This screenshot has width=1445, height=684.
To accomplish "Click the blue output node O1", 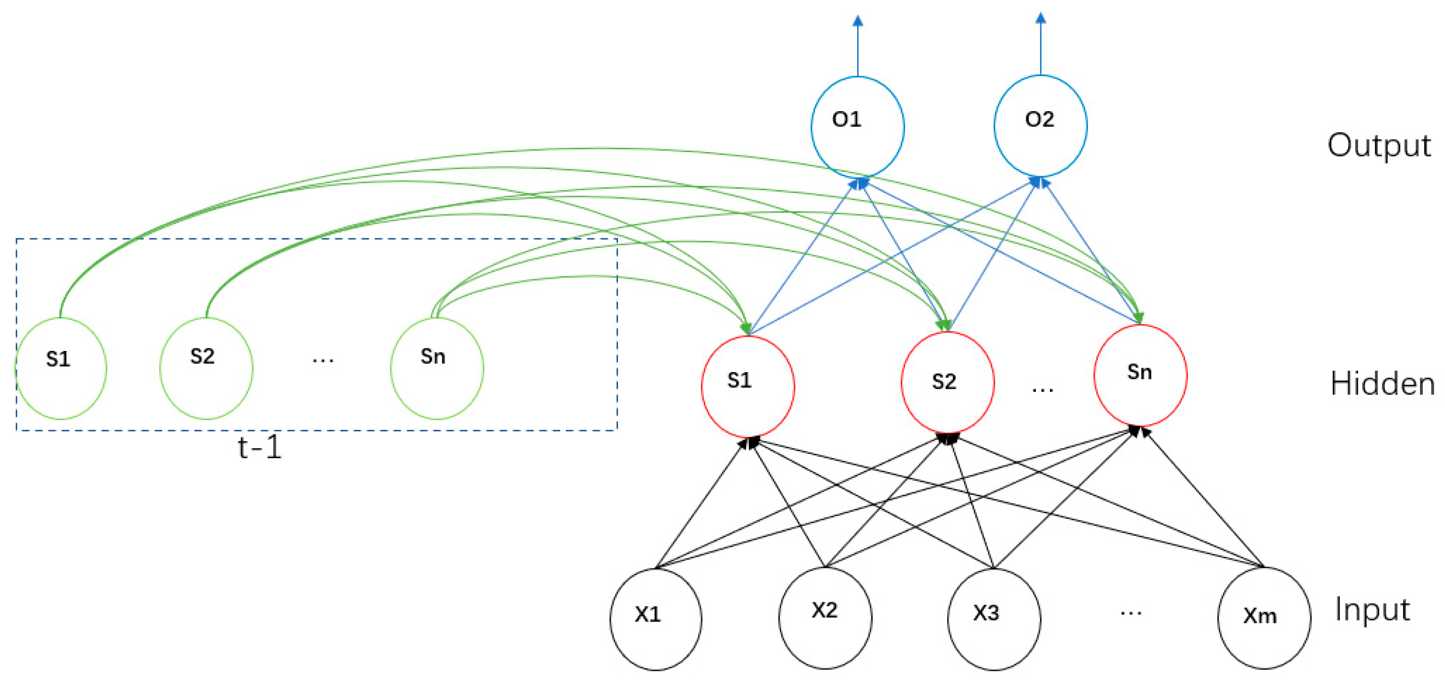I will [857, 126].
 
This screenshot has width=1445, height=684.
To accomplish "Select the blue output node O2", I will [1040, 126].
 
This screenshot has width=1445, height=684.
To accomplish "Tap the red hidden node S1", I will [748, 387].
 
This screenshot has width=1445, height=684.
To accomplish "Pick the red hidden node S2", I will [947, 383].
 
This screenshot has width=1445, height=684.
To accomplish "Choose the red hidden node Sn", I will [1140, 375].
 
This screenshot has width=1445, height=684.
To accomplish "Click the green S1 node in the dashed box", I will [61, 368].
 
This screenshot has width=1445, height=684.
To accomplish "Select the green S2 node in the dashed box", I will [206, 368].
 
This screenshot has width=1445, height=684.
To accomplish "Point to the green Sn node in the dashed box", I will [437, 368].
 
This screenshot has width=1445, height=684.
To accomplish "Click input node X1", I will [656, 619].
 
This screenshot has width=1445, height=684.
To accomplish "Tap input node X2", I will [825, 617].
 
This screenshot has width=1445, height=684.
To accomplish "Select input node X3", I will [994, 619].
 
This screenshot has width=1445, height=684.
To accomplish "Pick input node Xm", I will [1264, 618].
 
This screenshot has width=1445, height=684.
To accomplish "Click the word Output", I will [1379, 146].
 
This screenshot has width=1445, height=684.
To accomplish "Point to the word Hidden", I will [1382, 385].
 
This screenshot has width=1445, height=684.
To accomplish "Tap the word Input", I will [1372, 609].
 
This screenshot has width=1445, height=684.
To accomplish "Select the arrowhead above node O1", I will [858, 21].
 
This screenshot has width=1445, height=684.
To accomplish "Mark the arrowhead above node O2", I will [1041, 18].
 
